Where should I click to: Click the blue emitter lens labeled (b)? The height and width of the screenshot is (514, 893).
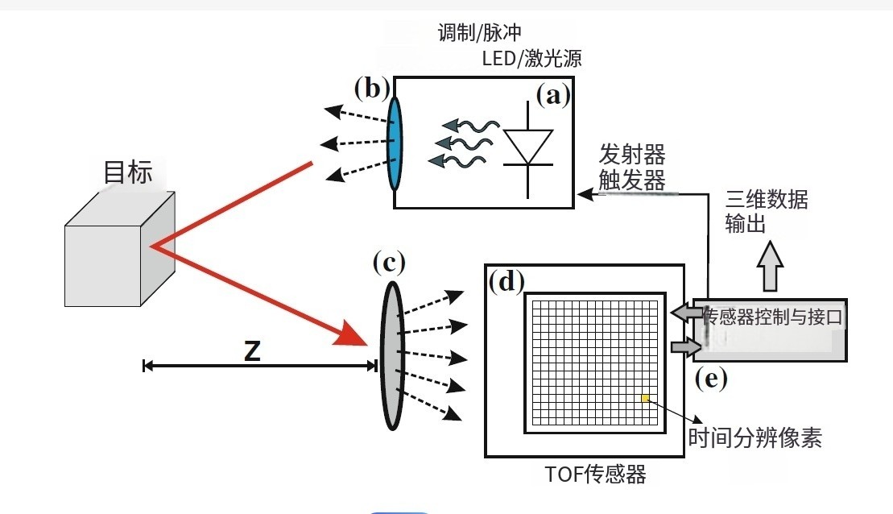click(395, 143)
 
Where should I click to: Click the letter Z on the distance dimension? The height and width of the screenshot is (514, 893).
click(252, 351)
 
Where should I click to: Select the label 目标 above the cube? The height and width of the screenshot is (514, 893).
click(128, 172)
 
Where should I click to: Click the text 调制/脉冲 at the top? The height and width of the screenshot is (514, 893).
click(480, 33)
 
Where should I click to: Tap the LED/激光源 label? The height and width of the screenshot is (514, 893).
click(531, 58)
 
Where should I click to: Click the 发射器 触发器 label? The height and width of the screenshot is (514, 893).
click(632, 168)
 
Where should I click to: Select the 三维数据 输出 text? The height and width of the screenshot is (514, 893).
click(766, 211)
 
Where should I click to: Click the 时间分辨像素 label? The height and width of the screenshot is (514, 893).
click(755, 437)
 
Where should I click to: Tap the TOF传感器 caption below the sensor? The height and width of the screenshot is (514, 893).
click(595, 475)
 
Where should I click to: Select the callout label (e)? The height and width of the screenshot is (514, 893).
click(711, 379)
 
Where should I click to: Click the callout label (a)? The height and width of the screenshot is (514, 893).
click(552, 96)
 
